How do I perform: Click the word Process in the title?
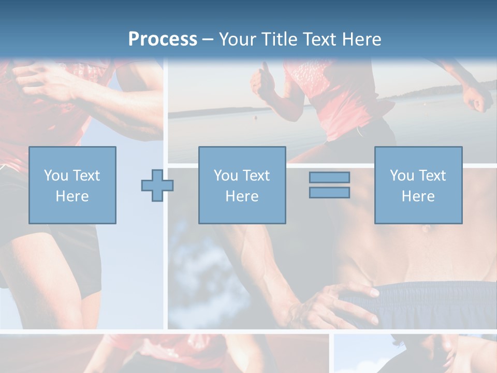tap(163, 39)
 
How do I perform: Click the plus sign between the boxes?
tap(157, 185)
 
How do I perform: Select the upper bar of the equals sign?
tap(329, 177)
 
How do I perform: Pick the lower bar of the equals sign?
tap(329, 193)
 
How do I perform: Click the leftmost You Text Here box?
tap(72, 185)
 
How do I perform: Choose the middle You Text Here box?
tap(242, 185)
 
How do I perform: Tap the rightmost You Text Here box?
tap(418, 185)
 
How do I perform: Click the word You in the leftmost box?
tap(55, 176)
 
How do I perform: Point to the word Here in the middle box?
tap(242, 196)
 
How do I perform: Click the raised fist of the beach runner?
tap(261, 80)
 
